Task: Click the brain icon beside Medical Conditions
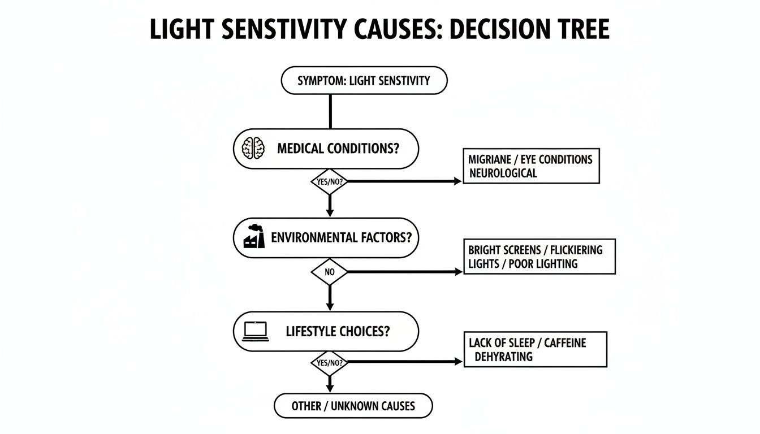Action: click(253, 149)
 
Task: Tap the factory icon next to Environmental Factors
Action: click(254, 237)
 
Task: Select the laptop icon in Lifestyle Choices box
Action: click(254, 331)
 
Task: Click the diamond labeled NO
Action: click(330, 272)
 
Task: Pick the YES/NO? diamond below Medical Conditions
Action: click(330, 182)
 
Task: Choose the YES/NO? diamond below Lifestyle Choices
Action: click(330, 362)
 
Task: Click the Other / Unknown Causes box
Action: click(353, 406)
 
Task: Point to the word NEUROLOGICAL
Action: click(503, 173)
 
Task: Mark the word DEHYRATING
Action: click(503, 357)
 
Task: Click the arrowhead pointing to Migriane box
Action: click(458, 181)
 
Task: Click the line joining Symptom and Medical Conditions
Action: click(330, 111)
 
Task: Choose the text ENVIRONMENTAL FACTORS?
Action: click(341, 238)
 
